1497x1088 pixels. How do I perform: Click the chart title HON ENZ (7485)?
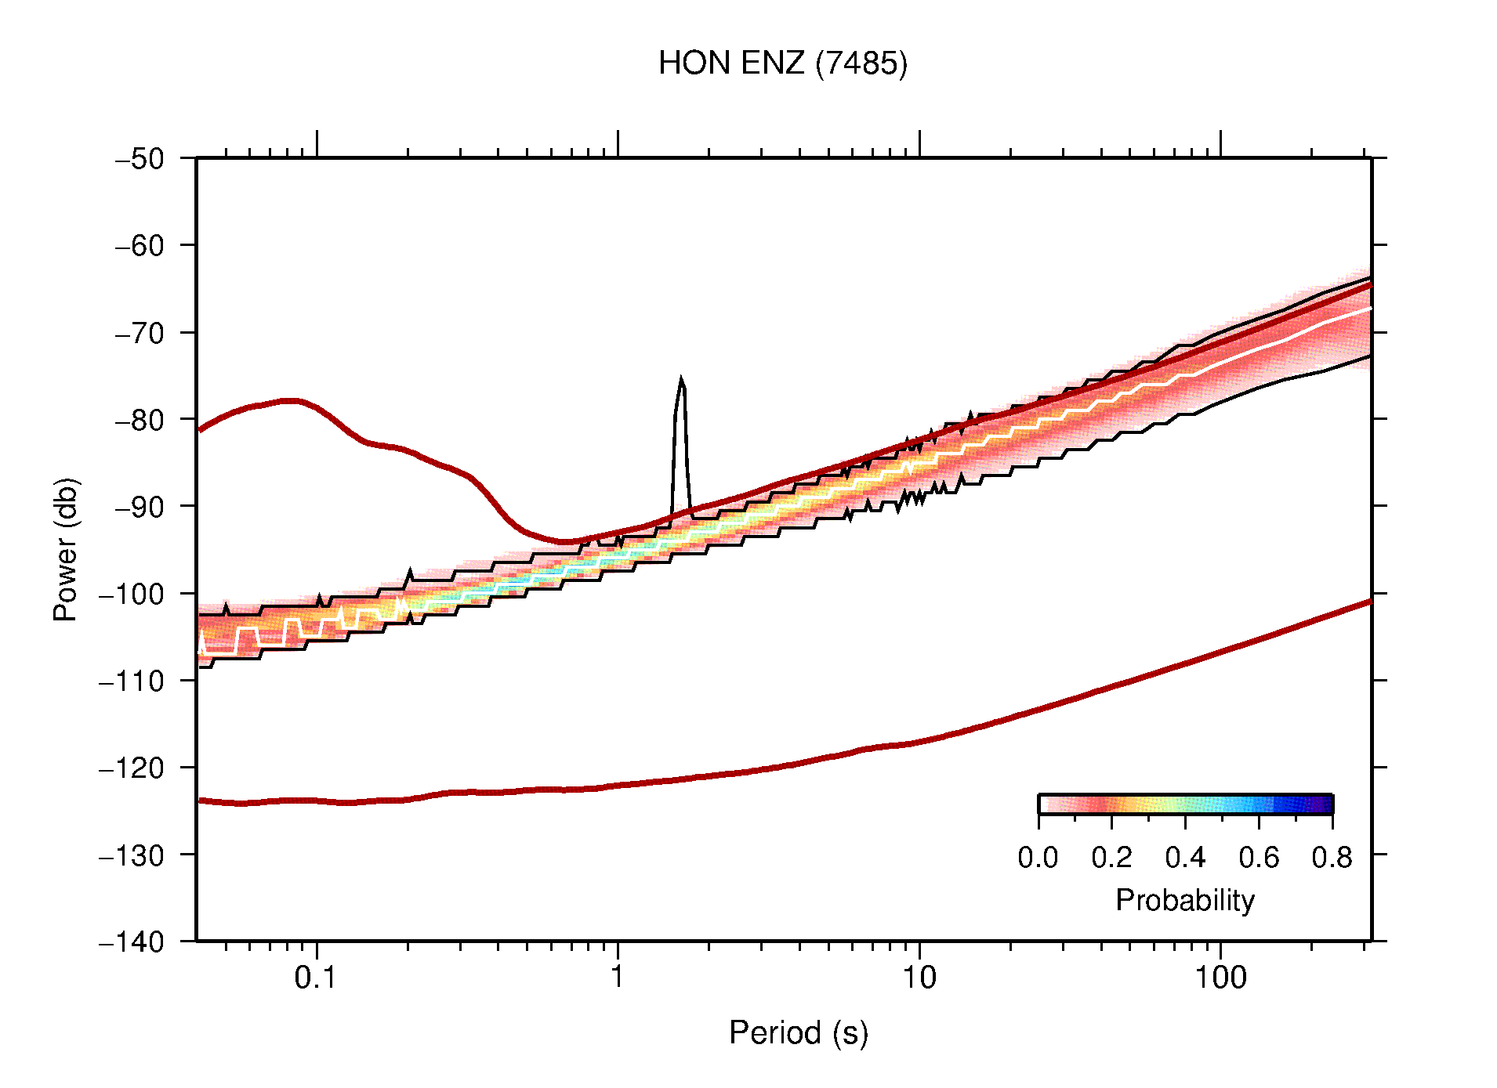pyautogui.click(x=782, y=63)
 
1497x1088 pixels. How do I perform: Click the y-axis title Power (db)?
pyautogui.click(x=66, y=549)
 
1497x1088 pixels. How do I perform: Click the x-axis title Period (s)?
pyautogui.click(x=798, y=1033)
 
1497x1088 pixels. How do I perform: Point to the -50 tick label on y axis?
pyautogui.click(x=140, y=159)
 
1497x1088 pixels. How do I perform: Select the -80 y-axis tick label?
pyautogui.click(x=140, y=420)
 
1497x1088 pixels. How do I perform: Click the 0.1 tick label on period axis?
pyautogui.click(x=316, y=978)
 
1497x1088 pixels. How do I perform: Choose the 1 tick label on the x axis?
pyautogui.click(x=618, y=978)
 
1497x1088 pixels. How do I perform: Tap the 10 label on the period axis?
pyautogui.click(x=919, y=978)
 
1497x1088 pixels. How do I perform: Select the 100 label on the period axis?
pyautogui.click(x=1220, y=978)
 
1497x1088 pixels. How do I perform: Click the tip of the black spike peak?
pyautogui.click(x=681, y=379)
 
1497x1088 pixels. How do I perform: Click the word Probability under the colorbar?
pyautogui.click(x=1184, y=901)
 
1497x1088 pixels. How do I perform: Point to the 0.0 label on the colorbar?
pyautogui.click(x=1038, y=858)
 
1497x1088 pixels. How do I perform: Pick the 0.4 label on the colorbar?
pyautogui.click(x=1185, y=858)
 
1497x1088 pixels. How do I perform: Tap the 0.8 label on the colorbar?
pyautogui.click(x=1332, y=858)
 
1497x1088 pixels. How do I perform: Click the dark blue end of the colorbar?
pyautogui.click(x=1325, y=804)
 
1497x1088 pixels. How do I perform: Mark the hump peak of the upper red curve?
pyautogui.click(x=290, y=400)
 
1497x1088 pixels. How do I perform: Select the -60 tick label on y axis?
pyautogui.click(x=140, y=246)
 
